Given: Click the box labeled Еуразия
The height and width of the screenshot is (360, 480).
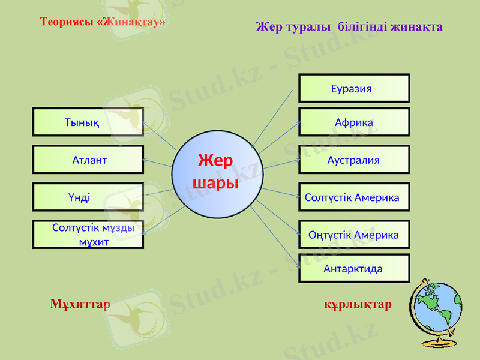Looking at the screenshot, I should click(354, 88).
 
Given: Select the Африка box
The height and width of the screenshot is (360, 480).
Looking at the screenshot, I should click(354, 122).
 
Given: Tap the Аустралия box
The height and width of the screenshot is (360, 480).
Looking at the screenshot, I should click(354, 160).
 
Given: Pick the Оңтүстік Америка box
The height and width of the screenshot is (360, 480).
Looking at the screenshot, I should click(354, 235).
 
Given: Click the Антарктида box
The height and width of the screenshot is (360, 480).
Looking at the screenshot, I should click(354, 268).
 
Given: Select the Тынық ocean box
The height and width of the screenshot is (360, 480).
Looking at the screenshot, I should click(88, 122).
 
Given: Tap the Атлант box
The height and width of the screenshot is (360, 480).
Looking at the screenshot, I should click(88, 160).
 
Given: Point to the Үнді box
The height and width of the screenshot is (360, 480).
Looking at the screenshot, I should click(88, 197).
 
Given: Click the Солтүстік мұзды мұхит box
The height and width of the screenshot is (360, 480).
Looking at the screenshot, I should click(88, 235).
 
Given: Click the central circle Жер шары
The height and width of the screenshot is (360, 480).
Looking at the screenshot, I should click(216, 173).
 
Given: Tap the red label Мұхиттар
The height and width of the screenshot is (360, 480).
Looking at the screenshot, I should click(80, 304).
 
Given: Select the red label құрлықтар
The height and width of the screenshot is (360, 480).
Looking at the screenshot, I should click(358, 304).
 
